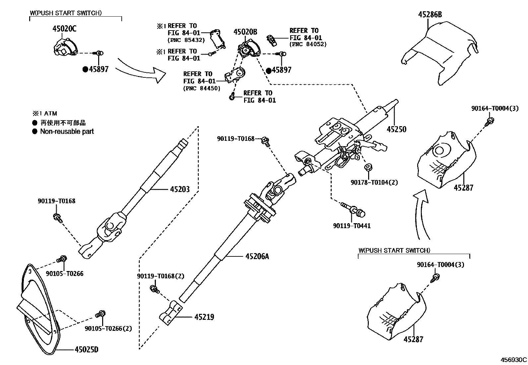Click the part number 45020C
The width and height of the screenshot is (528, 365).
64,29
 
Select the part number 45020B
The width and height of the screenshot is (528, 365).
245,32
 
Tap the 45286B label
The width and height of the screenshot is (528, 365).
430,15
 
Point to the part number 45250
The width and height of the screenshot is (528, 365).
396,129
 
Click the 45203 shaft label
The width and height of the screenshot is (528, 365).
180,189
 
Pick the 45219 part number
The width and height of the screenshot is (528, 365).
204,317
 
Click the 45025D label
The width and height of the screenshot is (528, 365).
87,350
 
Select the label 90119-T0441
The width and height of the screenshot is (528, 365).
352,226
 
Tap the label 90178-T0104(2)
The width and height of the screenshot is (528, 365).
374,182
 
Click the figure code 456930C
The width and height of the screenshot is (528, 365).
514,360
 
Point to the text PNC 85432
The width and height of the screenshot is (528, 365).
186,40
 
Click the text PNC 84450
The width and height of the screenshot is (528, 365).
202,88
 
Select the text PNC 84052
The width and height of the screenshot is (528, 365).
308,44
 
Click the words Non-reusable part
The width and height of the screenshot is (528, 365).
67,132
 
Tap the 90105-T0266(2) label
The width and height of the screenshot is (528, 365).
108,328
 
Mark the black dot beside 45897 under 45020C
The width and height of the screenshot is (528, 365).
85,69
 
